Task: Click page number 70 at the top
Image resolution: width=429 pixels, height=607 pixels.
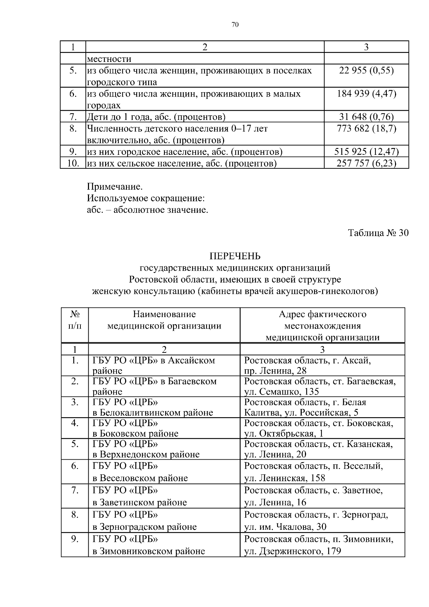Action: [x=235, y=25]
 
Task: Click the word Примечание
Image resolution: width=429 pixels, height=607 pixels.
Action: [x=115, y=187]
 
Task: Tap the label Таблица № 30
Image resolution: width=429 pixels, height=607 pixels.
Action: [x=378, y=233]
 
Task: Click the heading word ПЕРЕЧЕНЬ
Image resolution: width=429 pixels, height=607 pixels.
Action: [x=235, y=256]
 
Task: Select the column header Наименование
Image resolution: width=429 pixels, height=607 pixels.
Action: [x=164, y=314]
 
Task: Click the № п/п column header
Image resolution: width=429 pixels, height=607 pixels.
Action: [x=75, y=320]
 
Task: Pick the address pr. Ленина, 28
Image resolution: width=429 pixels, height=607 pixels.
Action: [x=275, y=371]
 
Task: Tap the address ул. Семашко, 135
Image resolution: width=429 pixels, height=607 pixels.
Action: [x=281, y=392]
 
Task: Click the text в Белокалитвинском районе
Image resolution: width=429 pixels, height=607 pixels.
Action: [x=153, y=413]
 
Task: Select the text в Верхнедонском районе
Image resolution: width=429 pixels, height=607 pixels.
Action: [x=146, y=454]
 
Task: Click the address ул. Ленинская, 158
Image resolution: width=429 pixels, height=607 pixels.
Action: [x=285, y=478]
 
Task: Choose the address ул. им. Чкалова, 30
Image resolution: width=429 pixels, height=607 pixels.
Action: [x=285, y=527]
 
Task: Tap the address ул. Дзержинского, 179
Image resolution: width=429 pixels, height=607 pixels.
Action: [x=292, y=551]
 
